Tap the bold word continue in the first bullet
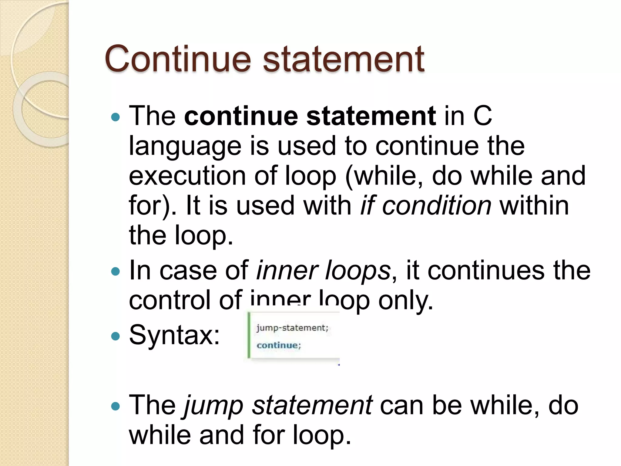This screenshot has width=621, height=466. click(x=241, y=116)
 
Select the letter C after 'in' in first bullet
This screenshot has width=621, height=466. click(x=482, y=116)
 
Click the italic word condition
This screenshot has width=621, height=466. click(x=437, y=205)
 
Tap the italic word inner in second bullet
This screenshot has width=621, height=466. click(x=287, y=270)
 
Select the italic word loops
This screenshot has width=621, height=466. click(x=358, y=271)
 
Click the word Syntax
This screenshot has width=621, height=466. click(x=174, y=335)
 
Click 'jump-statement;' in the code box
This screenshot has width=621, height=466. click(x=292, y=328)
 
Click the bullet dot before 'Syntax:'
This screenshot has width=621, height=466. click(x=116, y=336)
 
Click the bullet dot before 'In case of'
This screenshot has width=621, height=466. click(x=116, y=271)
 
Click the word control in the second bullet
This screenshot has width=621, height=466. click(x=170, y=300)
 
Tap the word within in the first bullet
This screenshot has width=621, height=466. click(x=534, y=205)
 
